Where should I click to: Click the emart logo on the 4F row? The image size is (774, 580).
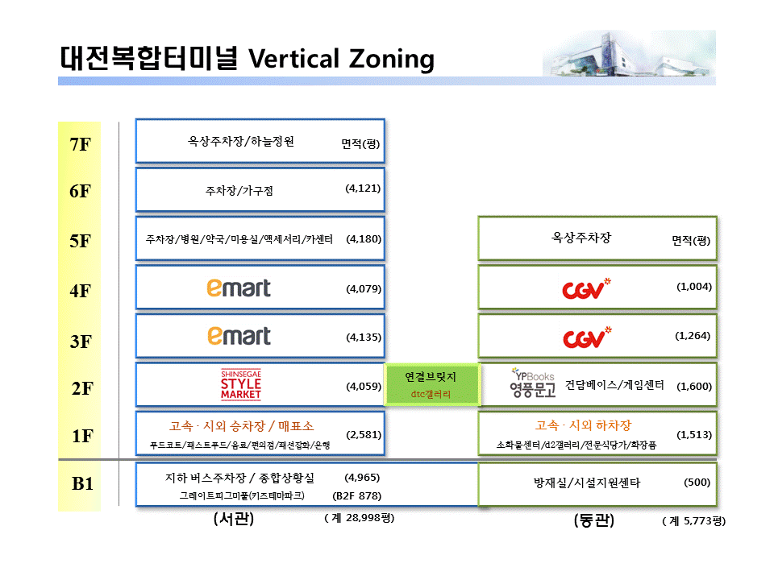point(239,288)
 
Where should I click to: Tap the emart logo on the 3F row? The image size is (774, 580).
point(239,336)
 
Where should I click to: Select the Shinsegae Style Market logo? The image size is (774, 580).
point(241,385)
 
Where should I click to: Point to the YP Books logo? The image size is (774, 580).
point(533,383)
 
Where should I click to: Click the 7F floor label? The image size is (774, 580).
point(81,144)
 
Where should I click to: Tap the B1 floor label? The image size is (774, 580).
point(82,483)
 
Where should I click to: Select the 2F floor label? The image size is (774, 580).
point(82,388)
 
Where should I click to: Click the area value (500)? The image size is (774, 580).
point(697,483)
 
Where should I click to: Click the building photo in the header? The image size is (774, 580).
point(629,53)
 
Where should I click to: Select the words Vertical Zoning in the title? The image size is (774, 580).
point(341,59)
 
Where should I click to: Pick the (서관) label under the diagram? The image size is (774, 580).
point(234,518)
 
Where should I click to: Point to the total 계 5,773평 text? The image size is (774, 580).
point(694,521)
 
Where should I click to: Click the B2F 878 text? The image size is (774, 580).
point(357,495)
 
